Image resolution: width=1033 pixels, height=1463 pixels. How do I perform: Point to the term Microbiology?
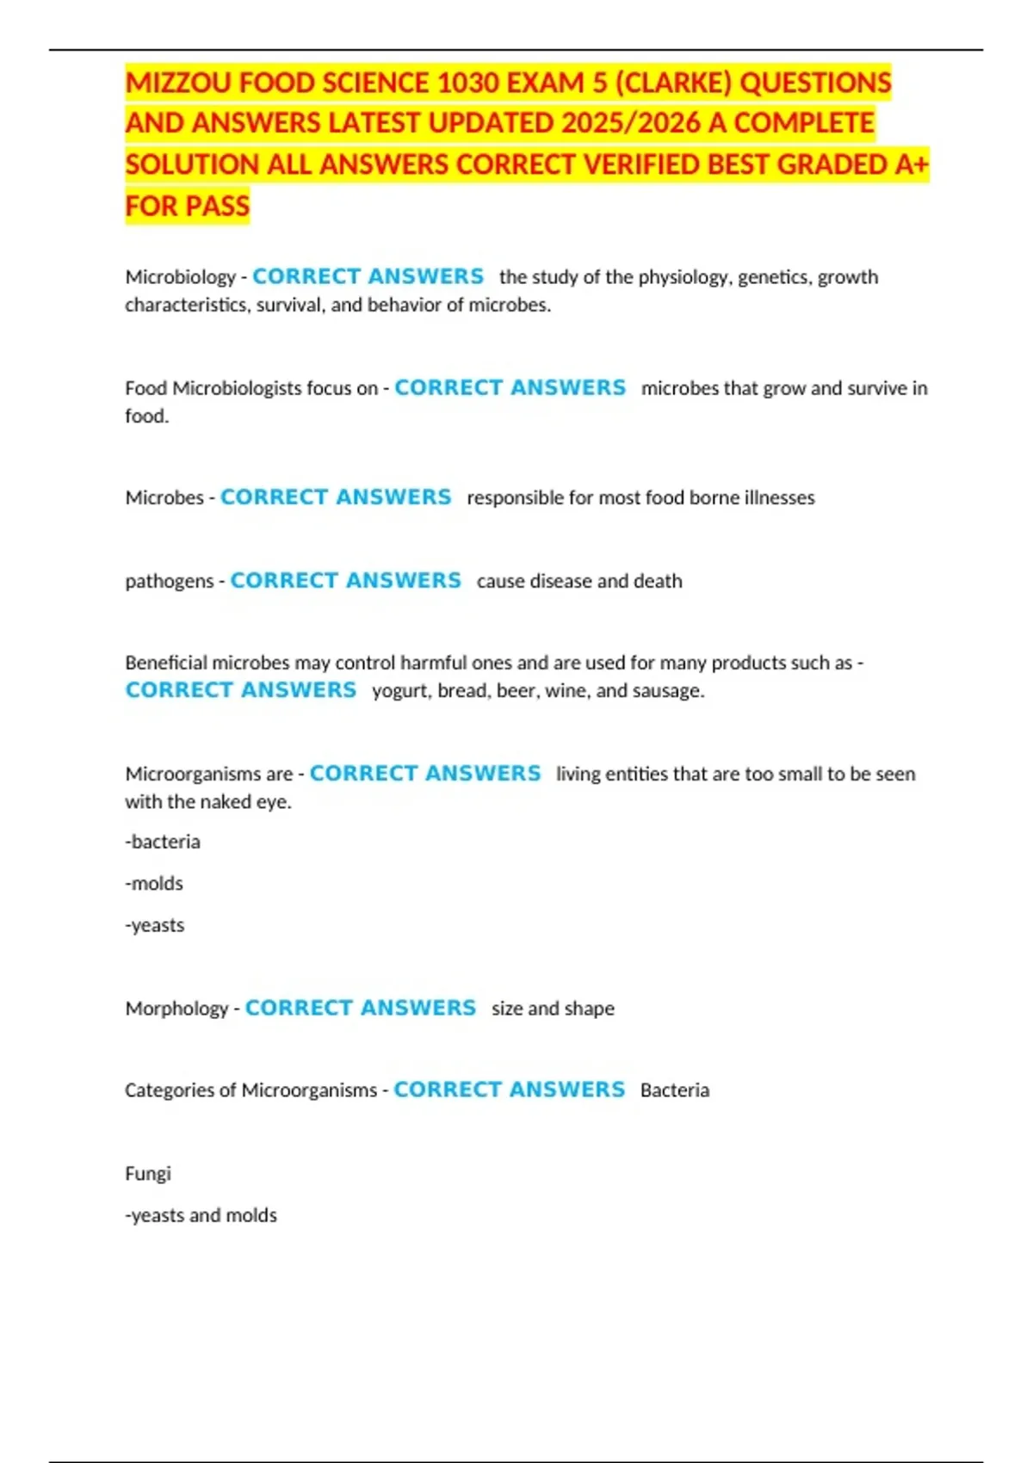(x=180, y=277)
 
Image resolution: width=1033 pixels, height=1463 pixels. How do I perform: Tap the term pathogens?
(x=169, y=581)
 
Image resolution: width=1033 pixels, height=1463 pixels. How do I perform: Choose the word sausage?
(x=672, y=691)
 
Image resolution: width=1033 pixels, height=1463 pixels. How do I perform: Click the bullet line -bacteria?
(x=163, y=842)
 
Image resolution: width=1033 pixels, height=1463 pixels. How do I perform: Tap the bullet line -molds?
(x=154, y=883)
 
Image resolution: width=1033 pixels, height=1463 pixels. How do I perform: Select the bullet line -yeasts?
(x=155, y=925)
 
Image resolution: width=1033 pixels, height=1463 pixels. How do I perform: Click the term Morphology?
(x=176, y=1008)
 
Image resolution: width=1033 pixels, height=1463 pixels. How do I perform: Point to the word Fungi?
(x=148, y=1173)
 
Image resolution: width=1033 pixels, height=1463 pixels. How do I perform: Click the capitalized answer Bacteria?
(x=675, y=1090)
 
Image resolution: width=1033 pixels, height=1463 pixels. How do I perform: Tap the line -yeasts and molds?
(x=201, y=1215)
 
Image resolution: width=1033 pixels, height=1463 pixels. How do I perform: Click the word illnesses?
(x=779, y=497)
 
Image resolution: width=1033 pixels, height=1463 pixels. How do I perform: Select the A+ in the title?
(x=912, y=164)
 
